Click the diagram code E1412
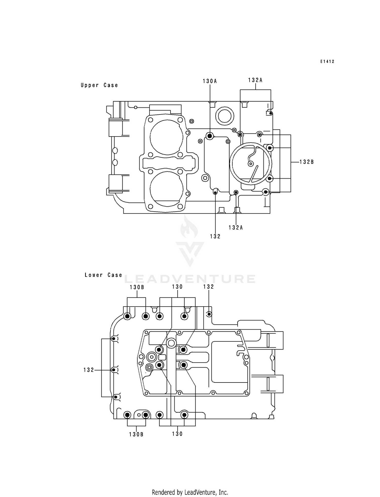click(327, 62)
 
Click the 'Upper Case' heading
click(99, 85)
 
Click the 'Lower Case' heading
click(103, 275)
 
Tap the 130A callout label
click(210, 81)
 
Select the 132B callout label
click(307, 162)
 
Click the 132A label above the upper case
click(255, 80)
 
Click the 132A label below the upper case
click(236, 227)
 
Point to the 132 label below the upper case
click(215, 236)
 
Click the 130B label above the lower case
click(137, 287)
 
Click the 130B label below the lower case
click(136, 434)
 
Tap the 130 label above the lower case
click(177, 287)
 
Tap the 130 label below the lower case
click(177, 434)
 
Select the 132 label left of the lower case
click(89, 370)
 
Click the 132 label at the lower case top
click(209, 286)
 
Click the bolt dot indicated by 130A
click(210, 136)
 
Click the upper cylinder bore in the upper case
click(166, 137)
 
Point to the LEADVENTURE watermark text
click(190, 279)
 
